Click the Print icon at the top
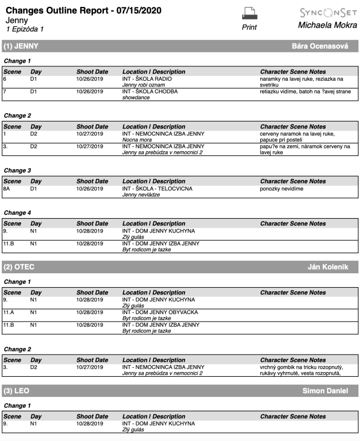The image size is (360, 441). pyautogui.click(x=249, y=14)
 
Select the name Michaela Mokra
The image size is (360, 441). pyautogui.click(x=327, y=25)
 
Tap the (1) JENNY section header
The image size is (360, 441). pyautogui.click(x=21, y=46)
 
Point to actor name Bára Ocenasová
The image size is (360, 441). pyautogui.click(x=320, y=46)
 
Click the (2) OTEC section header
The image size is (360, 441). pyautogui.click(x=19, y=266)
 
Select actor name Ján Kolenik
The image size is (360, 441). pyautogui.click(x=328, y=266)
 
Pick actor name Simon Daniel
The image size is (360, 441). pyautogui.click(x=325, y=391)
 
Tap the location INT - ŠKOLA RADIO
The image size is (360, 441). pyautogui.click(x=147, y=79)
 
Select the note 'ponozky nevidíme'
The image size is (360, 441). pyautogui.click(x=282, y=188)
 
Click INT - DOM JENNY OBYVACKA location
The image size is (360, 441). pyautogui.click(x=160, y=312)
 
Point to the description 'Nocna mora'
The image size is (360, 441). pyautogui.click(x=136, y=140)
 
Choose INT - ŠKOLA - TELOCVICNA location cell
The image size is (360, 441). pyautogui.click(x=157, y=188)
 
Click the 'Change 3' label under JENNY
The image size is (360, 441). pyautogui.click(x=17, y=170)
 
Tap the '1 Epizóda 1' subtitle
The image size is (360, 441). pyautogui.click(x=25, y=29)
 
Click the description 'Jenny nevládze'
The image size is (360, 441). pyautogui.click(x=141, y=194)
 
